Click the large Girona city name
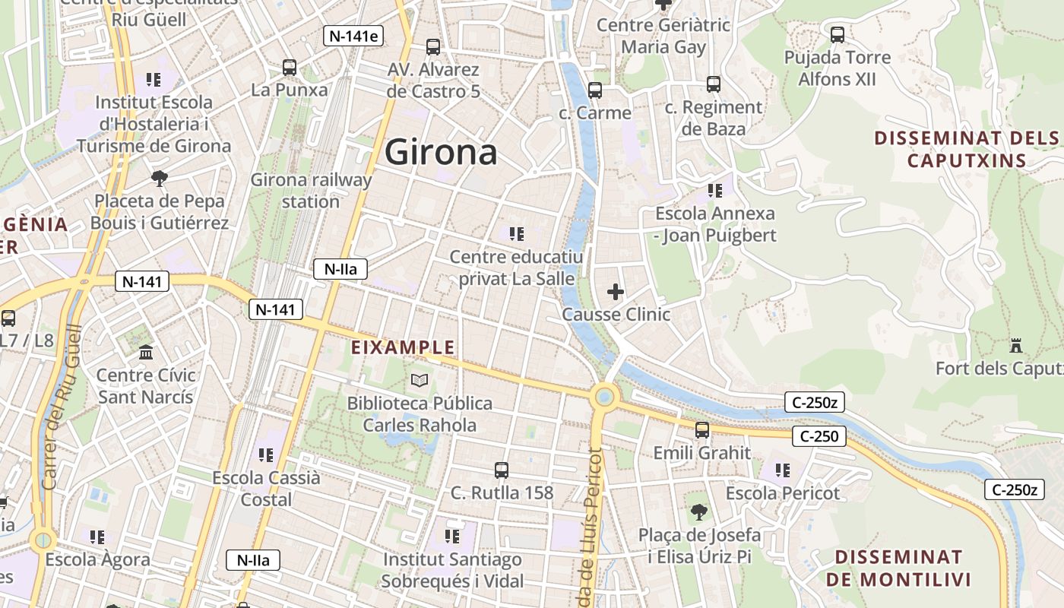point(441,152)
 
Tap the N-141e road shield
point(353,36)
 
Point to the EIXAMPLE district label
point(403,348)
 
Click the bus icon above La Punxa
point(289,67)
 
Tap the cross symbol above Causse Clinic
point(616,291)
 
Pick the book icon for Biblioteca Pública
point(420,379)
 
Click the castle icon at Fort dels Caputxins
point(1016,346)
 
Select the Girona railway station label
point(311,191)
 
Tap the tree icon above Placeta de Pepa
point(159,179)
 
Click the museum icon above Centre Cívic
point(146,352)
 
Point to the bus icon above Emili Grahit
point(702,430)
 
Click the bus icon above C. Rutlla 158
point(502,470)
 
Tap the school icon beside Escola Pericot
point(783,470)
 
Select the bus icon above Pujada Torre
point(838,34)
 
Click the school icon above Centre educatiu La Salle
point(517,233)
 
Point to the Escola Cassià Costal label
point(267,489)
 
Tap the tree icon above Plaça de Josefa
point(699,512)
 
